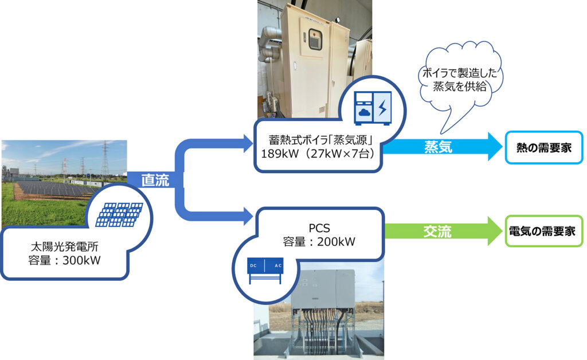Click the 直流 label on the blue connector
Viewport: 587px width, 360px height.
[x=155, y=180]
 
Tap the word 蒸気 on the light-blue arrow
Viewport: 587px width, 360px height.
[x=438, y=146]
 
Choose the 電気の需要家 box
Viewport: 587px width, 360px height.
[x=543, y=231]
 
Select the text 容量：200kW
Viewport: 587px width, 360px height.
[x=319, y=241]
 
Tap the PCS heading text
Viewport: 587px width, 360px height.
[x=318, y=227]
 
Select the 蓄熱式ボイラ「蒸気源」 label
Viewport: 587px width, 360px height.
[x=318, y=139]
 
